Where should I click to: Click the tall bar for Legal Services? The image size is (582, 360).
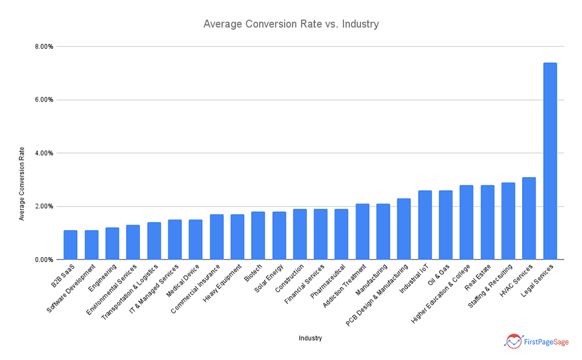click(550, 161)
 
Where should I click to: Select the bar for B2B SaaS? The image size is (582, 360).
click(71, 245)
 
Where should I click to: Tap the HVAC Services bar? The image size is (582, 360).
click(529, 218)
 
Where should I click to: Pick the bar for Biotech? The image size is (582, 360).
click(258, 235)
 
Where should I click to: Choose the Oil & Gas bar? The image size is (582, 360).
click(446, 225)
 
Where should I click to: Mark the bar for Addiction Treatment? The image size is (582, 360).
click(362, 232)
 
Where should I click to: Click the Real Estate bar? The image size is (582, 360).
click(487, 222)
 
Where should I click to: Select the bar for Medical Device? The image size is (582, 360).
click(195, 239)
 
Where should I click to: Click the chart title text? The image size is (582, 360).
click(291, 24)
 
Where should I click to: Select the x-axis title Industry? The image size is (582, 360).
click(310, 338)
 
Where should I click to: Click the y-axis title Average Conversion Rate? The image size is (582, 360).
click(22, 184)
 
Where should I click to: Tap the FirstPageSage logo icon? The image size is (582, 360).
click(513, 341)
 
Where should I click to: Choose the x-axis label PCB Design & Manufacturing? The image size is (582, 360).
click(378, 292)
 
